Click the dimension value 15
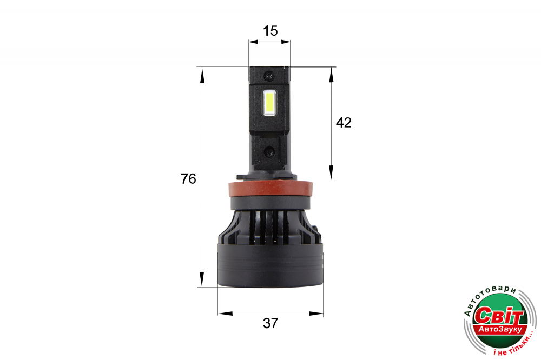click(x=270, y=31)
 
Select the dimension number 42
click(x=344, y=123)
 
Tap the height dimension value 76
click(x=188, y=178)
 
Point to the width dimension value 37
click(x=270, y=323)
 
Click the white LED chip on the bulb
click(x=269, y=103)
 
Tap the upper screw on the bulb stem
click(x=269, y=75)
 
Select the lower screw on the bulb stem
click(x=269, y=151)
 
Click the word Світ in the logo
click(x=499, y=315)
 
